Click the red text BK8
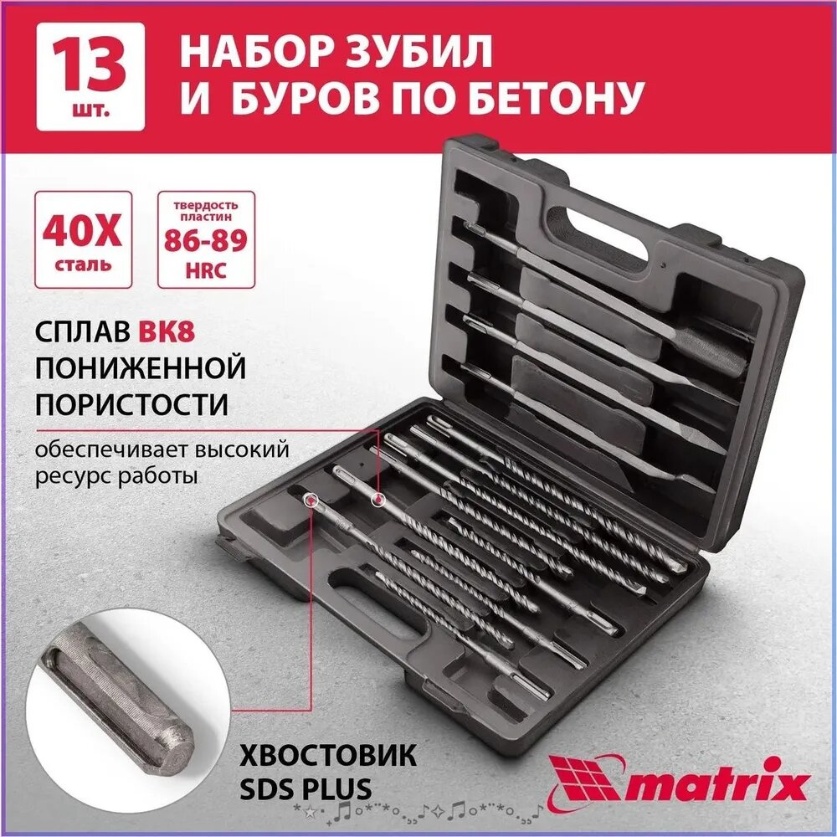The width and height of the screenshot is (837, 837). (173, 331)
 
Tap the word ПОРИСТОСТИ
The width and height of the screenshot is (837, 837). (131, 404)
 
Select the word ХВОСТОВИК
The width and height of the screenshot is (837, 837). (327, 756)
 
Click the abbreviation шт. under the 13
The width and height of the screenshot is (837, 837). (90, 110)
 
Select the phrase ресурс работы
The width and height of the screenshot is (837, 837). (116, 476)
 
